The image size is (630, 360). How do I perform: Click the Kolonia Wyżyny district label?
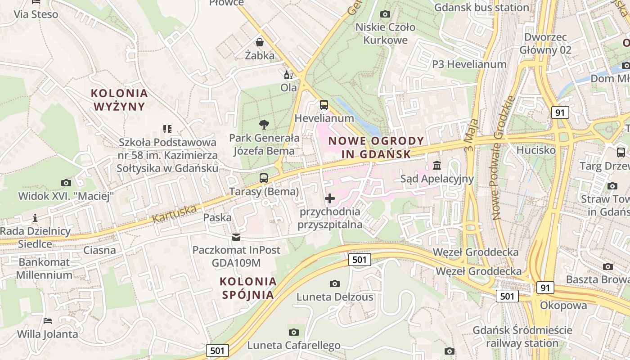pos(119,99)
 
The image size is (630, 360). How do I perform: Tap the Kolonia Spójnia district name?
pos(248,288)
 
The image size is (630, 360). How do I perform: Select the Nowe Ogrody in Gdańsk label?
pos(376,147)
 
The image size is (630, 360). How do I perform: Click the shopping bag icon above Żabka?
pos(260,42)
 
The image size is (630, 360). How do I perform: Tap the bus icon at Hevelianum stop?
pos(324,105)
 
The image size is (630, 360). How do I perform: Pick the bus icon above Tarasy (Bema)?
pos(264,178)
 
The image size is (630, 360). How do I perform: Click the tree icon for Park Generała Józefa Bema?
pos(264,125)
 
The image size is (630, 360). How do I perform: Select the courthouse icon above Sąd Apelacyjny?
pos(437,165)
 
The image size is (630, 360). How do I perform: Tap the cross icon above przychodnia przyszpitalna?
pos(330,198)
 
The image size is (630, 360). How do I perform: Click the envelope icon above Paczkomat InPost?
pos(236,237)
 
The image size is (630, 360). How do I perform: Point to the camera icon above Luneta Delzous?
pos(334,283)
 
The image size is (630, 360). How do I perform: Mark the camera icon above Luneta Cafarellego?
pos(293,332)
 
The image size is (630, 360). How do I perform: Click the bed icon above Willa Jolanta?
pos(48,321)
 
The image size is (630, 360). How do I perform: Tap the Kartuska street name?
pos(175,214)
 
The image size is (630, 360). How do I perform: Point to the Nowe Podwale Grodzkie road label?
pos(503,157)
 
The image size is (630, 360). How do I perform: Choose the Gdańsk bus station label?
pos(481,8)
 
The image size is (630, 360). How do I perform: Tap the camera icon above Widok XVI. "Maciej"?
pos(66,183)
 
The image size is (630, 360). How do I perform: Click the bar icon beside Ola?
pos(288,75)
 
